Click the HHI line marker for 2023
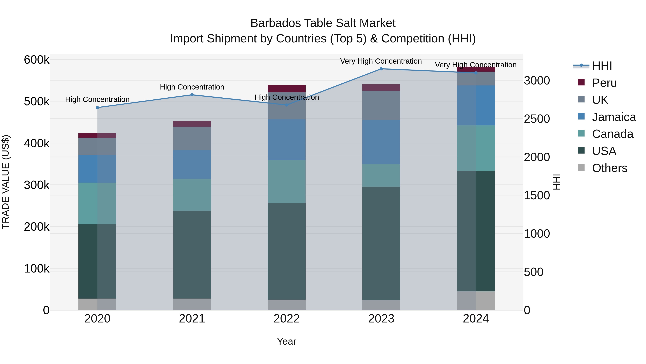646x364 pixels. (x=381, y=69)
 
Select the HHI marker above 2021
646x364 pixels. (x=192, y=95)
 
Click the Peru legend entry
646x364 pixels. (x=604, y=83)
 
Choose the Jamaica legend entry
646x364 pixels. (x=614, y=117)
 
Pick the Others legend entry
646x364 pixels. (x=609, y=168)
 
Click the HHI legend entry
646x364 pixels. (x=602, y=66)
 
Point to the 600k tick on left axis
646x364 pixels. (x=37, y=60)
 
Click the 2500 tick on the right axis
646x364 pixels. (x=537, y=119)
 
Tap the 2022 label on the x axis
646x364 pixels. (x=287, y=319)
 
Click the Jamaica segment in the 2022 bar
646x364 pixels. (x=287, y=140)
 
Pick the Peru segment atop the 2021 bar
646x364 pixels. (x=192, y=124)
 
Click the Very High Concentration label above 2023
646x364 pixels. (x=381, y=61)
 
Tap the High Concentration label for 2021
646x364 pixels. (x=192, y=87)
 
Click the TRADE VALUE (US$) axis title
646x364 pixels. (x=6, y=182)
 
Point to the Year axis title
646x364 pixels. (x=287, y=341)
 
